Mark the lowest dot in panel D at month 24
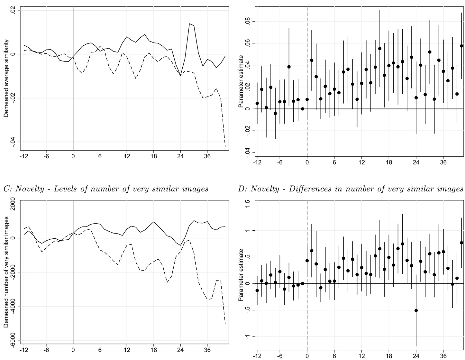pyautogui.click(x=416, y=310)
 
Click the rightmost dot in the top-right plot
pyautogui.click(x=461, y=46)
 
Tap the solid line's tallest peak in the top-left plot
pyautogui.click(x=190, y=24)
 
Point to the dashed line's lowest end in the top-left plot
pyautogui.click(x=225, y=146)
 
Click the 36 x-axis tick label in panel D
pyautogui.click(x=443, y=356)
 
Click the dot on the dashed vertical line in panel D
pyautogui.click(x=307, y=261)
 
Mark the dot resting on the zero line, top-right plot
pyautogui.click(x=303, y=109)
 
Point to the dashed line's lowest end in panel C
pyautogui.click(x=225, y=324)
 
